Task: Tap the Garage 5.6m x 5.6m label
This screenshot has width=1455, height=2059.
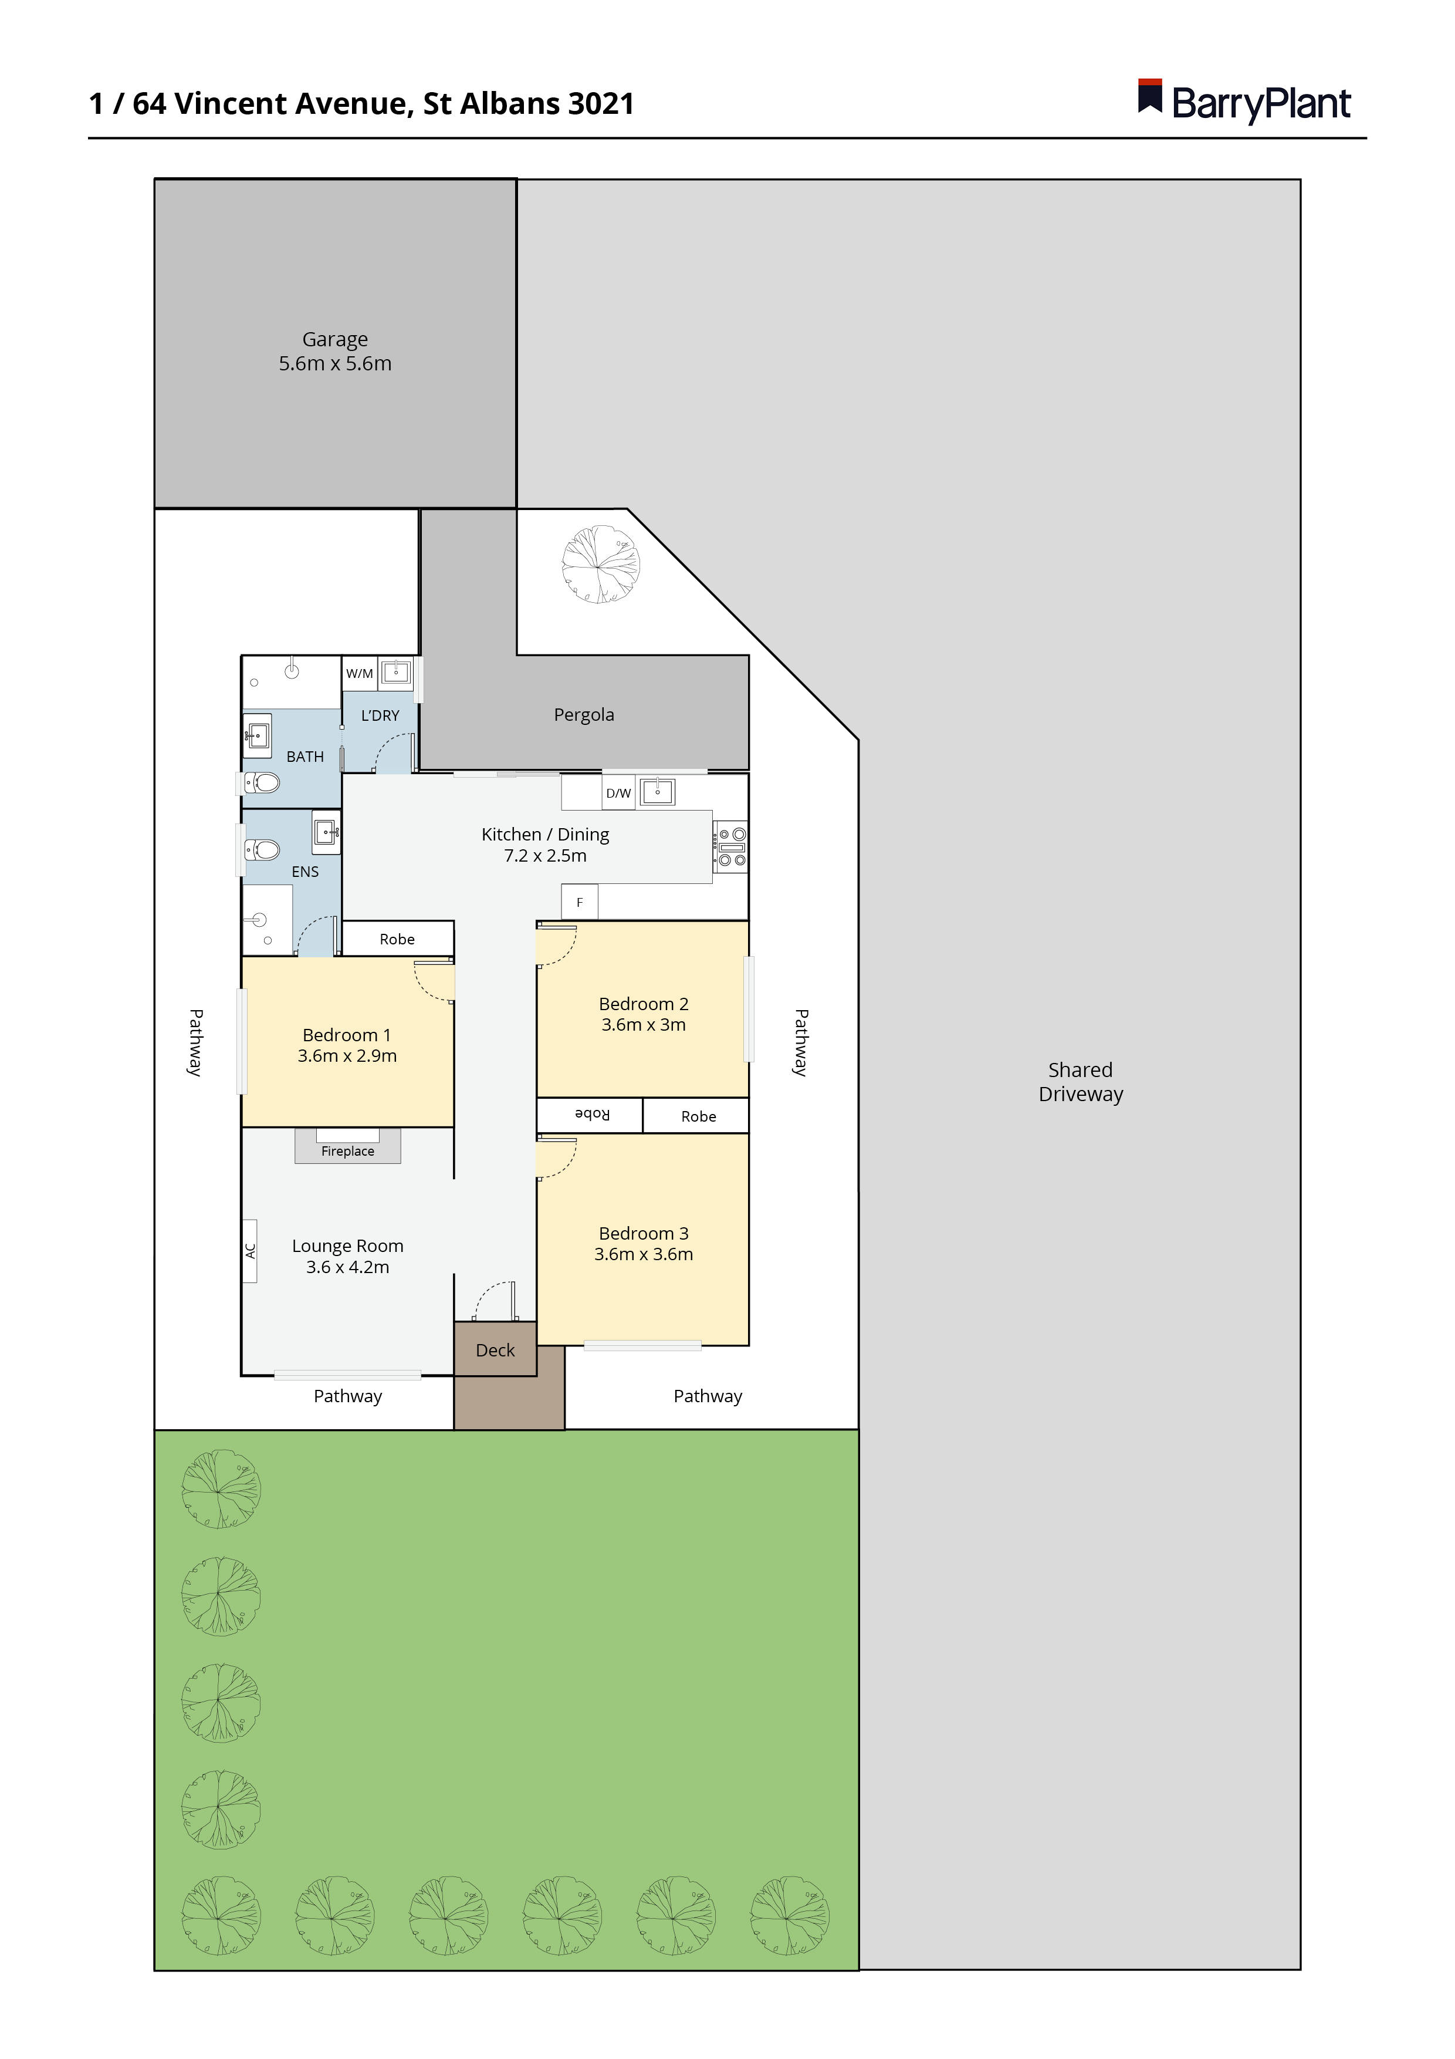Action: (334, 352)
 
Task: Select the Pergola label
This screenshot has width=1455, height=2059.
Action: (584, 715)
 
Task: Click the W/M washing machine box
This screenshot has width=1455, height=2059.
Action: (360, 673)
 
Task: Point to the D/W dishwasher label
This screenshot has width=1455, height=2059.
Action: (618, 793)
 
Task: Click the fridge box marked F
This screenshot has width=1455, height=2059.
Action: (579, 902)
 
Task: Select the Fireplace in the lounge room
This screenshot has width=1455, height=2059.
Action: (348, 1149)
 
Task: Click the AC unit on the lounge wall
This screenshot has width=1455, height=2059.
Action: (250, 1251)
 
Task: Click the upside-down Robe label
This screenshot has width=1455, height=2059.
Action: (592, 1115)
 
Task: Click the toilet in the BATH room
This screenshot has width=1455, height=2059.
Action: (262, 783)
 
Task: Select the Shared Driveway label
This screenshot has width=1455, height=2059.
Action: (1080, 1082)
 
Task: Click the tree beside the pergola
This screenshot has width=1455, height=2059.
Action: (600, 564)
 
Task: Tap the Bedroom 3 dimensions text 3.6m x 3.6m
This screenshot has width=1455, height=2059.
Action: (643, 1254)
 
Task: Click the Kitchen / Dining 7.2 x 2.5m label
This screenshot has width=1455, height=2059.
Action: (545, 845)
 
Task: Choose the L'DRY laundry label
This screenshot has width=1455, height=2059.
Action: (380, 715)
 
